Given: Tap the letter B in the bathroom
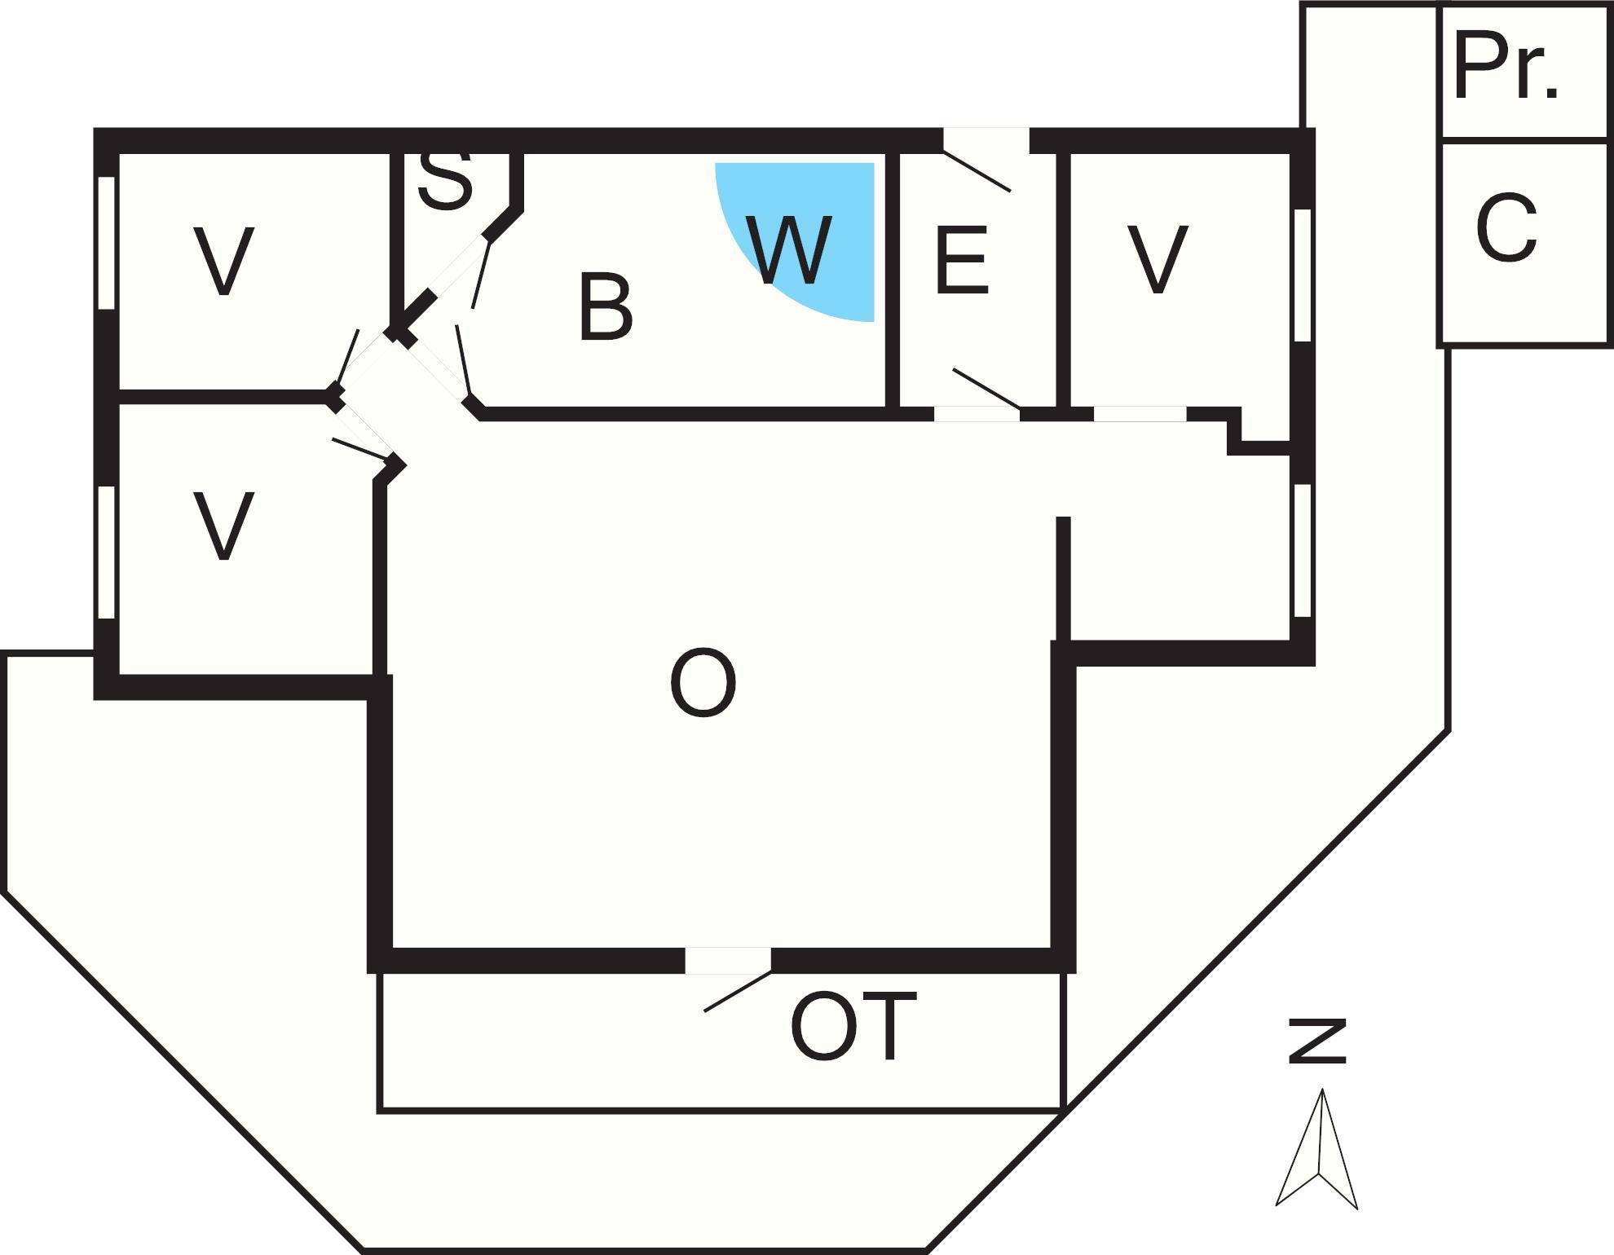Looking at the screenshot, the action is click(605, 307).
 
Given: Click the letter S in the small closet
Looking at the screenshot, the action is click(445, 181).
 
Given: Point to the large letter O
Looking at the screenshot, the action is click(703, 683).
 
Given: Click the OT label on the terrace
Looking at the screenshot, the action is click(853, 1026).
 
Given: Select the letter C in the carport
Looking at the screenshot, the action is click(1506, 228).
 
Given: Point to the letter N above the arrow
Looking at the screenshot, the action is click(1317, 1041).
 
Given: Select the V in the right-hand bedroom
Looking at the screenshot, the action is click(1158, 259).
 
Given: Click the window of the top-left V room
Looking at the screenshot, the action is click(106, 242).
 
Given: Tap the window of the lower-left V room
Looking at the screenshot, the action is click(106, 552).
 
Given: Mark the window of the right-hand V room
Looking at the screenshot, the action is click(1303, 275).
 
